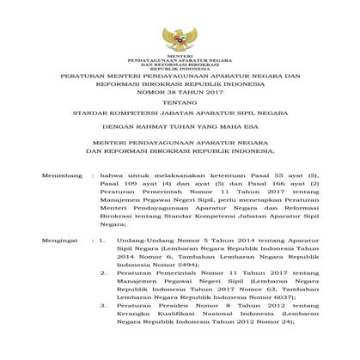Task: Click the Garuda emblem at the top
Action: (180, 40)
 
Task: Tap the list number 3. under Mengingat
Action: (102, 304)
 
